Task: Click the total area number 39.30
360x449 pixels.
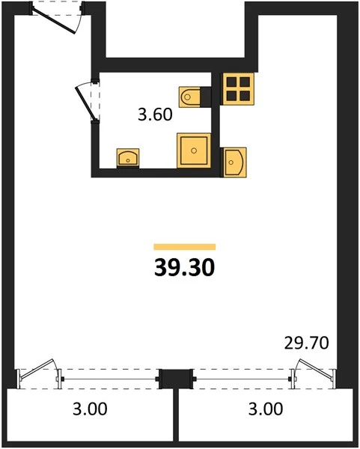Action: (x=184, y=267)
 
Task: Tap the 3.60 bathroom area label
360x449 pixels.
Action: (x=155, y=114)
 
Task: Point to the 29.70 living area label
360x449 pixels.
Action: (x=306, y=343)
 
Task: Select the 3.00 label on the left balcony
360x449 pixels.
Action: (x=90, y=409)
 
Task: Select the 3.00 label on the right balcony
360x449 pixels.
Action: (x=266, y=409)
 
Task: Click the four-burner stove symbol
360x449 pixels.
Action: (x=238, y=89)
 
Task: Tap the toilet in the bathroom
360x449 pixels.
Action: (x=189, y=97)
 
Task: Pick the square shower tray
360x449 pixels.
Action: (x=194, y=150)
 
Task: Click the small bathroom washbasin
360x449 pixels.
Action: (x=128, y=158)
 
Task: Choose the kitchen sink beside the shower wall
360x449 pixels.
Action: (x=234, y=162)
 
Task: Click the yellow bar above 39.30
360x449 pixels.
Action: (x=184, y=247)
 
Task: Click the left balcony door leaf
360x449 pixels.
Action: (x=37, y=369)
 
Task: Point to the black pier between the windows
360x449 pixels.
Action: (x=176, y=379)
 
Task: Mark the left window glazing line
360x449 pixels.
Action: (x=110, y=379)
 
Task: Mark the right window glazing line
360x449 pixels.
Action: (x=242, y=379)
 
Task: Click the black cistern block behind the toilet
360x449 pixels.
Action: (x=206, y=97)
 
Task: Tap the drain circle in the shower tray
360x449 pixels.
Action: (x=194, y=150)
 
